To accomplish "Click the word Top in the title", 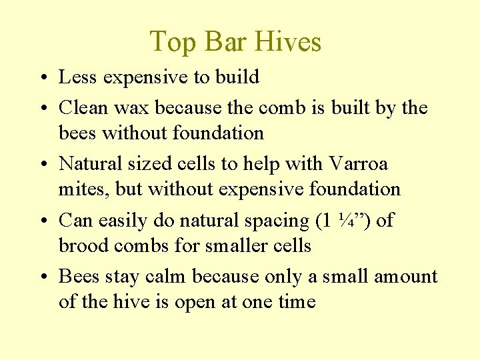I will [171, 41].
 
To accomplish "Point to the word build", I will [237, 77].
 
